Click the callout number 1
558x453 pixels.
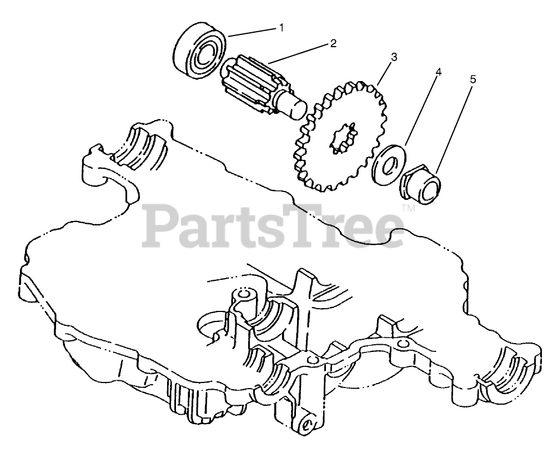pyautogui.click(x=281, y=27)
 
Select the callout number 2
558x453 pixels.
pyautogui.click(x=333, y=43)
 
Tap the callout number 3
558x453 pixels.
pyautogui.click(x=394, y=57)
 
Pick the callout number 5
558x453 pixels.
pyautogui.click(x=472, y=79)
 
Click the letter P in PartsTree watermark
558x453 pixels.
pyautogui.click(x=162, y=224)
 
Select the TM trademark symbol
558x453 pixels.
pyautogui.click(x=408, y=209)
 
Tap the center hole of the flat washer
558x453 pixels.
pyautogui.click(x=389, y=163)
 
